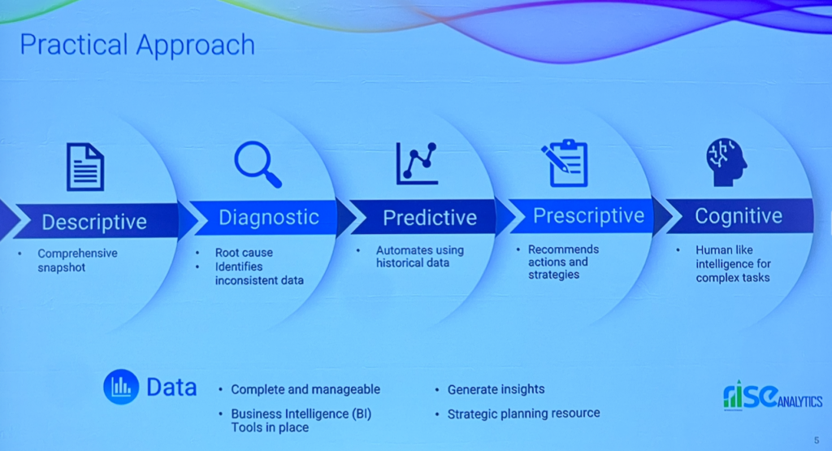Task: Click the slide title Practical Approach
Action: pyautogui.click(x=137, y=46)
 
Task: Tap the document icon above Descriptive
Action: pyautogui.click(x=84, y=167)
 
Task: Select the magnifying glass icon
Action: pyautogui.click(x=258, y=164)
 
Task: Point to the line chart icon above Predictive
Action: pyautogui.click(x=417, y=163)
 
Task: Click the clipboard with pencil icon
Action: pyautogui.click(x=565, y=163)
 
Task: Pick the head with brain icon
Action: pyautogui.click(x=726, y=162)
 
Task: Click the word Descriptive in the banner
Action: pyautogui.click(x=94, y=223)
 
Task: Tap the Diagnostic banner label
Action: pyautogui.click(x=269, y=218)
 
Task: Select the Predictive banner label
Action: pyautogui.click(x=430, y=218)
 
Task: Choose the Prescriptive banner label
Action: pyautogui.click(x=588, y=216)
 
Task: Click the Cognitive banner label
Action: pyautogui.click(x=739, y=216)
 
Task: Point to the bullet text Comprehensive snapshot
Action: pyautogui.click(x=77, y=261)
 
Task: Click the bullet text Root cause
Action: pyautogui.click(x=244, y=253)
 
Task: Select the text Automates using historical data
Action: pyautogui.click(x=420, y=256)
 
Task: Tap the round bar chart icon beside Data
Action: pyautogui.click(x=121, y=387)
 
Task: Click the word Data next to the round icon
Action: pyautogui.click(x=171, y=388)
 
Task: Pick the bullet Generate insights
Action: pyautogui.click(x=496, y=389)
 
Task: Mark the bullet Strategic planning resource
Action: pyautogui.click(x=524, y=414)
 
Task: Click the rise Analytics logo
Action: pyautogui.click(x=773, y=396)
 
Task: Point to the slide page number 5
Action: pyautogui.click(x=817, y=440)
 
